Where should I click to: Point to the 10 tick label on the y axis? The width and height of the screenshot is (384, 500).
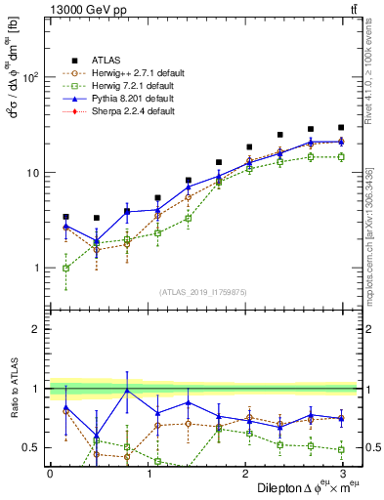pos(31,173)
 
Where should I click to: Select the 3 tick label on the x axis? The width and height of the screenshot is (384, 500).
pos(342,472)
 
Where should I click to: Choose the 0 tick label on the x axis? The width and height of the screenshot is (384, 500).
pos(50,472)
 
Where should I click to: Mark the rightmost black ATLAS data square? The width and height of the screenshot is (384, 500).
pos(340,127)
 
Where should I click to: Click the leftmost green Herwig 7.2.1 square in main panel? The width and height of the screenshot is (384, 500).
pos(65,268)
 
